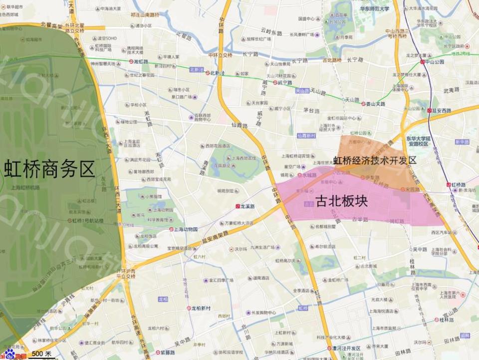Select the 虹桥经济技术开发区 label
click(x=375, y=160)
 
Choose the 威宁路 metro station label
click(x=283, y=82)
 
